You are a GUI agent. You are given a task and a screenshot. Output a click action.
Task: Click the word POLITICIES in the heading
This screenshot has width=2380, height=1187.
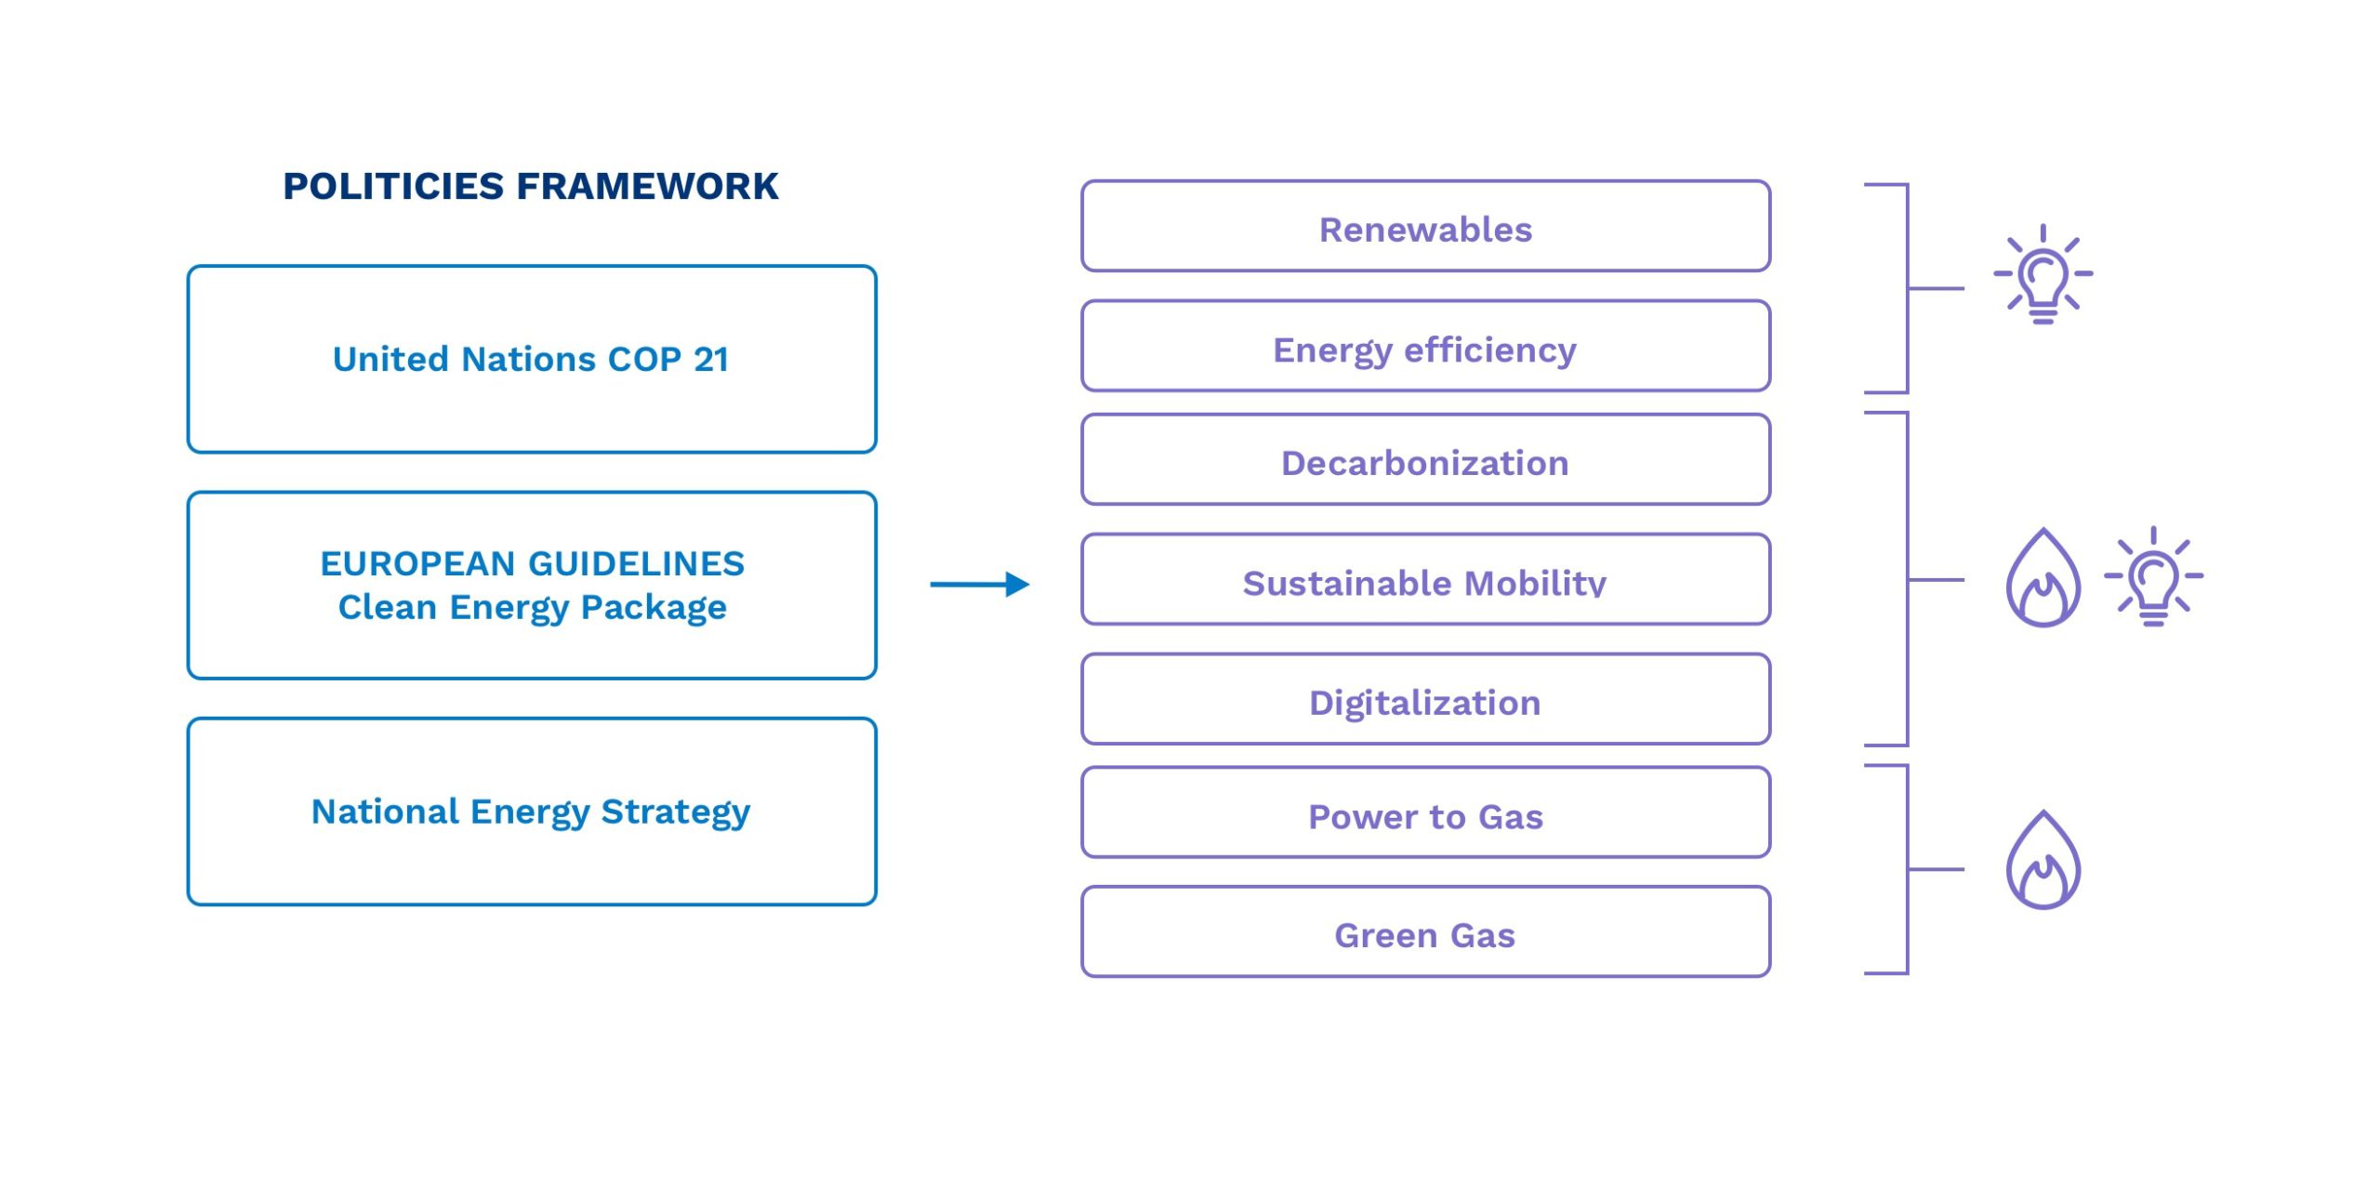(394, 186)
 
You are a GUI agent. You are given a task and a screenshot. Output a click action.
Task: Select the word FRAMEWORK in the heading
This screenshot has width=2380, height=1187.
(648, 186)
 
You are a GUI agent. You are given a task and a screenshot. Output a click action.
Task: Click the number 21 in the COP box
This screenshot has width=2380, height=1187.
(711, 360)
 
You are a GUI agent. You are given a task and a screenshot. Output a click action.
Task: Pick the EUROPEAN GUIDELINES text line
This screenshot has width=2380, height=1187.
(533, 563)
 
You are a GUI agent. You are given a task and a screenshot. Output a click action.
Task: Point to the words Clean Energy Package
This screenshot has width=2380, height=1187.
(533, 608)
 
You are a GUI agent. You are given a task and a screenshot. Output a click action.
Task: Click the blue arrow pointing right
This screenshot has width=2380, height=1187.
(980, 585)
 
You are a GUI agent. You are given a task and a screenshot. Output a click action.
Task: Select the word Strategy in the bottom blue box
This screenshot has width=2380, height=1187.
(676, 813)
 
